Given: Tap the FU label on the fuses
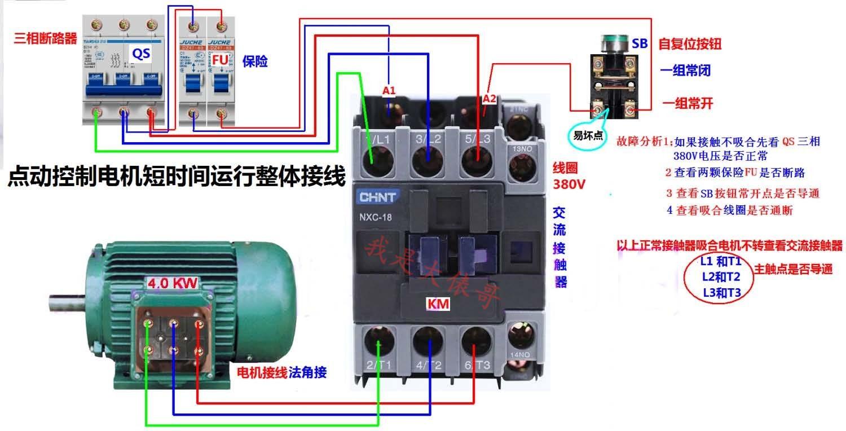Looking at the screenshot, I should pyautogui.click(x=221, y=59).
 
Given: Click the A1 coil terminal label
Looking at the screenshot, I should pyautogui.click(x=389, y=90).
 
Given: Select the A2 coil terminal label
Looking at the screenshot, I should pyautogui.click(x=489, y=99).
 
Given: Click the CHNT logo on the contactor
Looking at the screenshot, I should pyautogui.click(x=377, y=197).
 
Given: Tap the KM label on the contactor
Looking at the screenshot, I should pyautogui.click(x=438, y=304).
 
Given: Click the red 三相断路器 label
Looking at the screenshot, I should pyautogui.click(x=45, y=38).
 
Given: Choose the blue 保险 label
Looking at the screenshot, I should pyautogui.click(x=255, y=61).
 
